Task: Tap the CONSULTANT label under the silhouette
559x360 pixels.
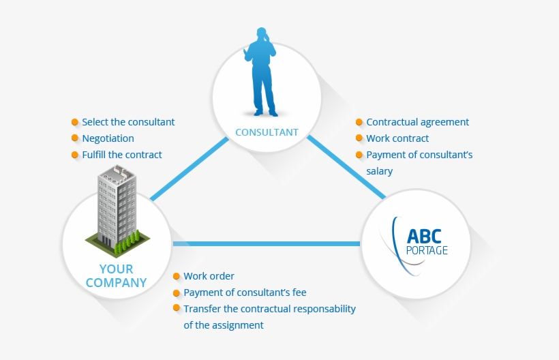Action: [267, 132]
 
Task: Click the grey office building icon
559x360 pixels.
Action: [117, 205]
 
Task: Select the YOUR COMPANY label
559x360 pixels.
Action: [116, 275]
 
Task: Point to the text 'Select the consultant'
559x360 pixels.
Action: [128, 122]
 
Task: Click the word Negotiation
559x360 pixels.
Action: [108, 138]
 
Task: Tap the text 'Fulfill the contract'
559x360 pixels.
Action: [122, 155]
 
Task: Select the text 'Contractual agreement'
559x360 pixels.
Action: [417, 122]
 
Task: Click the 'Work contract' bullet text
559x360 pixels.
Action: [397, 138]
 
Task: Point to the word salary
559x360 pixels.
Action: [380, 171]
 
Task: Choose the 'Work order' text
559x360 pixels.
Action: [209, 276]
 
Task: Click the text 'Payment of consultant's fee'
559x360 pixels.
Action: [245, 292]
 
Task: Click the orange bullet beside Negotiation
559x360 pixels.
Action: [75, 138]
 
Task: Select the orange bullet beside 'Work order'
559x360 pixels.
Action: [177, 276]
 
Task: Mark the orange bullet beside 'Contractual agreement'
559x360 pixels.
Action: [359, 122]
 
